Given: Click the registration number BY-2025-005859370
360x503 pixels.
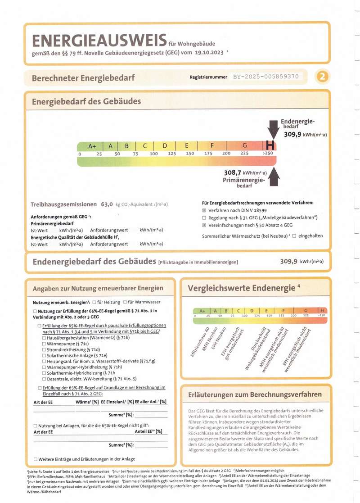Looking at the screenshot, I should (x=265, y=77).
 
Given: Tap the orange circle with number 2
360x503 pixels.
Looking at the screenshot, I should (x=322, y=77).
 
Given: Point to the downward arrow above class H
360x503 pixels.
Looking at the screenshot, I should (x=272, y=130).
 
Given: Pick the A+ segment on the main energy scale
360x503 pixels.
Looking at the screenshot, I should (x=92, y=146).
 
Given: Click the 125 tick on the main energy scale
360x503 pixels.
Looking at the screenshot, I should (x=171, y=154).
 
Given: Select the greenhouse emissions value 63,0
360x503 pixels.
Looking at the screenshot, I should (x=107, y=204).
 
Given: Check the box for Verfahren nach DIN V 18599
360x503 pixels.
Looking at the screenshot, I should (x=204, y=211).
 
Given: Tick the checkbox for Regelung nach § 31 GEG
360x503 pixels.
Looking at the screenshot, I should (x=204, y=218).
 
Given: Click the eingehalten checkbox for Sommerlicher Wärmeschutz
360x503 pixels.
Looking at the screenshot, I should (x=294, y=236).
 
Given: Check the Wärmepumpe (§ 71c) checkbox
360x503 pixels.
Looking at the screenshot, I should (x=44, y=343).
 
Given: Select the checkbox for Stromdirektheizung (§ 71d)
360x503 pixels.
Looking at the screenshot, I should (x=44, y=349).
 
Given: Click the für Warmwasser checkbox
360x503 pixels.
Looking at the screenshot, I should (x=125, y=302).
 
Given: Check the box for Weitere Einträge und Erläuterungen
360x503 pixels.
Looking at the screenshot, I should (x=36, y=459).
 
